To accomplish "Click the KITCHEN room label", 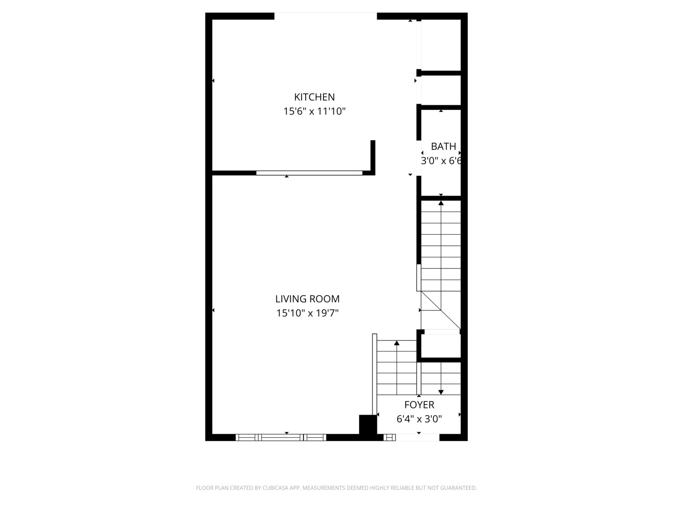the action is [x=314, y=97].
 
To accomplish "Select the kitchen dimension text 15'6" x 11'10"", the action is [x=314, y=111].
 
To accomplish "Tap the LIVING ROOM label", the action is [x=307, y=299].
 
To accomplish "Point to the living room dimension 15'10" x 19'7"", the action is [x=307, y=313].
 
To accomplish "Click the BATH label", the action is [x=444, y=146].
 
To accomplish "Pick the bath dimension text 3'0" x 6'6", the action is [x=441, y=161].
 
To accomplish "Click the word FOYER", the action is [x=419, y=405].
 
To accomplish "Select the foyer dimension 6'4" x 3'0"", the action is [x=419, y=419].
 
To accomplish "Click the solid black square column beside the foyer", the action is [x=368, y=425].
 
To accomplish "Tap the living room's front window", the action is [x=281, y=438].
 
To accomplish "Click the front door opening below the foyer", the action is [x=418, y=438].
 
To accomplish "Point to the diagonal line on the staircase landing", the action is [x=441, y=310].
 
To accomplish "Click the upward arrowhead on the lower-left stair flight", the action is [x=397, y=343].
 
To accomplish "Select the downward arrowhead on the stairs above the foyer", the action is [x=441, y=392].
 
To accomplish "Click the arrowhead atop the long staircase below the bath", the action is [x=441, y=202].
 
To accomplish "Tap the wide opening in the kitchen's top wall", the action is [x=325, y=16].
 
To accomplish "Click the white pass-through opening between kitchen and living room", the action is [x=309, y=173].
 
